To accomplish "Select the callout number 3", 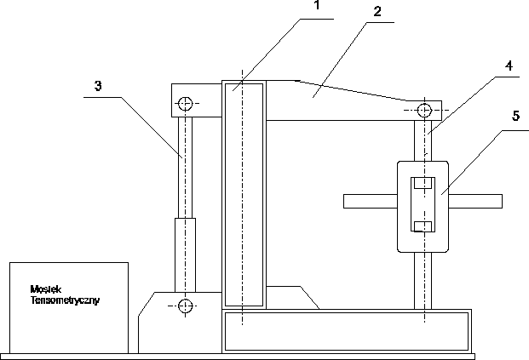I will pyautogui.click(x=99, y=85).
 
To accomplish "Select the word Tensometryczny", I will pyautogui.click(x=65, y=300).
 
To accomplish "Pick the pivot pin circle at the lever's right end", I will pyautogui.click(x=423, y=110).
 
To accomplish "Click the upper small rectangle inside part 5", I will pyautogui.click(x=423, y=182).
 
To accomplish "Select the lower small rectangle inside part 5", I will pyautogui.click(x=423, y=226).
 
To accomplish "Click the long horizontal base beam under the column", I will pyautogui.click(x=346, y=330).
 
